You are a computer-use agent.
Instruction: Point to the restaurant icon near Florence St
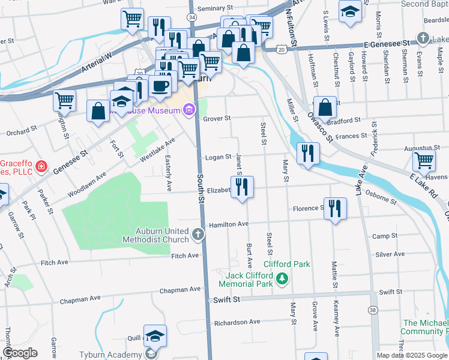tap(335, 208)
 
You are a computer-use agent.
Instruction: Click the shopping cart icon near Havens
tap(424, 161)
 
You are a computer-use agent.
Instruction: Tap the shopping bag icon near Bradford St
tap(325, 107)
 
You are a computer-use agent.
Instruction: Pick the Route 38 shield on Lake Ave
tap(373, 310)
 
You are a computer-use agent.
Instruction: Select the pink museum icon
tap(190, 109)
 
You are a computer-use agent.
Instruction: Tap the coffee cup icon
tap(160, 86)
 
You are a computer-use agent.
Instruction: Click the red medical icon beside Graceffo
tap(41, 166)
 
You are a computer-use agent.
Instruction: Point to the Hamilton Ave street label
tap(228, 224)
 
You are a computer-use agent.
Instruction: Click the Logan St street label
tap(218, 157)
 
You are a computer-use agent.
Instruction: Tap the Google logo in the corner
tap(20, 353)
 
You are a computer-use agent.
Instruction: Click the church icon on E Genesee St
tap(423, 38)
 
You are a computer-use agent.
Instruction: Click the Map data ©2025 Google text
tap(411, 355)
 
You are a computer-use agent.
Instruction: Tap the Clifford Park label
tap(287, 264)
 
